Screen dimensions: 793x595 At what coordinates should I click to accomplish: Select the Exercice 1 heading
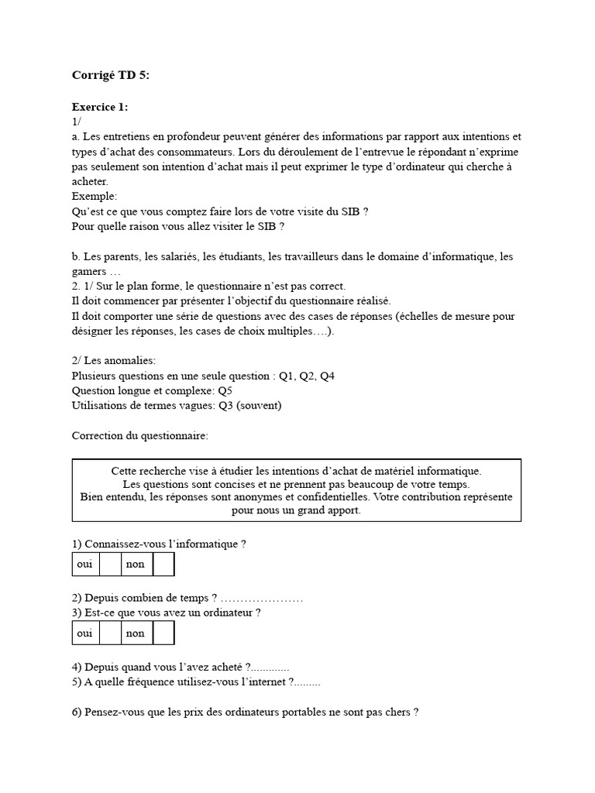coord(100,107)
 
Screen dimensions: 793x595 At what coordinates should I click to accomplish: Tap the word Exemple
coord(94,196)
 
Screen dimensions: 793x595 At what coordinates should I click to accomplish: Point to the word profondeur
coord(197,136)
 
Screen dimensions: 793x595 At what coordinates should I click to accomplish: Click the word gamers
coord(88,271)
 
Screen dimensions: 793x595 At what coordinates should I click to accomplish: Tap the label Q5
coord(225,390)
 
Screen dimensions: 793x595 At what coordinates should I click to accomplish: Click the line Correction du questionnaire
coord(139,435)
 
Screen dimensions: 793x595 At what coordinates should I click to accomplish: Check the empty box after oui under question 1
coord(110,565)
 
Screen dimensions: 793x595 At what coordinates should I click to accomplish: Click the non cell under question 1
coord(136,565)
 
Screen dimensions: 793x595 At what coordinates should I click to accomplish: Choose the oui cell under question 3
coord(84,633)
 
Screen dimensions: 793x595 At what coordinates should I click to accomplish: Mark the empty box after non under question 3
coord(163,633)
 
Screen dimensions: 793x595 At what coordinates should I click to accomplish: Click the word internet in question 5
coord(267,682)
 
